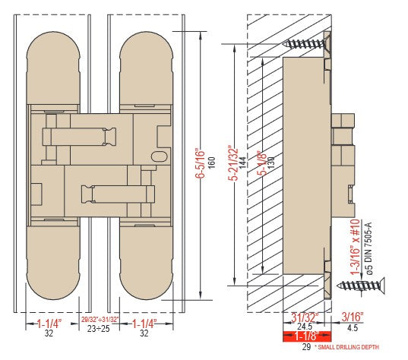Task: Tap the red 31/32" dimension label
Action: (305, 317)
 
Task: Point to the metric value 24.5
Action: (305, 327)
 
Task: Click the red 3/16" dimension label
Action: (353, 317)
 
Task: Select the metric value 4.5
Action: (353, 327)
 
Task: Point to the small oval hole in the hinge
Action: (159, 156)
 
